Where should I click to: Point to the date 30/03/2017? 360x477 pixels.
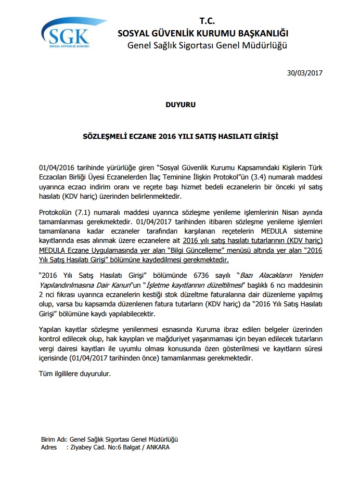pos(305,73)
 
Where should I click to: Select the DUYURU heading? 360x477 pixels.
pos(180,105)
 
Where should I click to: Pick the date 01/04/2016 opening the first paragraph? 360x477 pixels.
pos(57,168)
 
